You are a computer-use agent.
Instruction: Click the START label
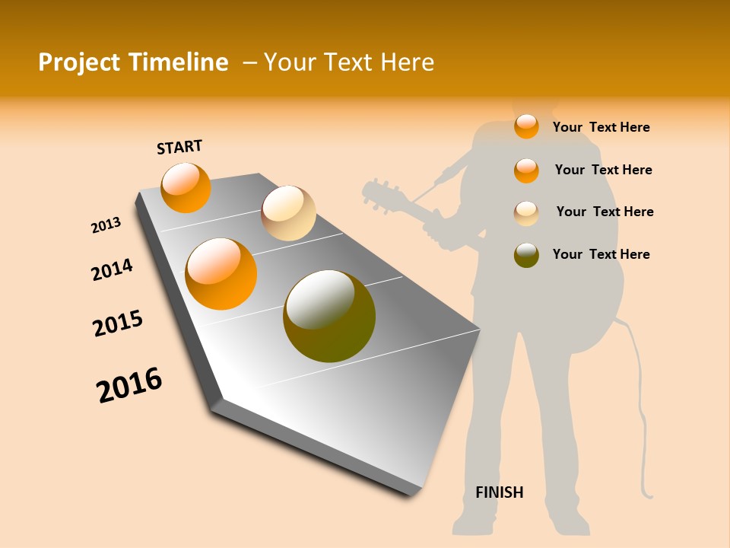179,147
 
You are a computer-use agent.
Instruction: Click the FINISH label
500,492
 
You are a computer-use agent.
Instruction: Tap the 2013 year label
106,225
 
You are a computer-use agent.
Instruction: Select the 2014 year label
112,269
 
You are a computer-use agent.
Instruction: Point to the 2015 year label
118,323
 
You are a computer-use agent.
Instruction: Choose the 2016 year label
129,384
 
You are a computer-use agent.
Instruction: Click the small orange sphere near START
186,187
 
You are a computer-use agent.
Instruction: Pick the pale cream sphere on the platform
288,213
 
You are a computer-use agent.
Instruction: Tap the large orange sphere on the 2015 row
221,274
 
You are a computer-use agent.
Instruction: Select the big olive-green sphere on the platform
329,316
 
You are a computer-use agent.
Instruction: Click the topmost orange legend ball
526,126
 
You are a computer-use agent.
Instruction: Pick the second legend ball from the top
526,170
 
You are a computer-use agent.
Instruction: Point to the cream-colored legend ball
526,213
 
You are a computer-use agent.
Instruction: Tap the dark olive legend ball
526,255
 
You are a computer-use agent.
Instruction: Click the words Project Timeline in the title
133,62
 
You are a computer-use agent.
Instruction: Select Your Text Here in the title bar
349,62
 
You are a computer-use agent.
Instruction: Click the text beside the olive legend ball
601,254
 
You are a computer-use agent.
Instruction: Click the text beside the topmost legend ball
601,127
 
